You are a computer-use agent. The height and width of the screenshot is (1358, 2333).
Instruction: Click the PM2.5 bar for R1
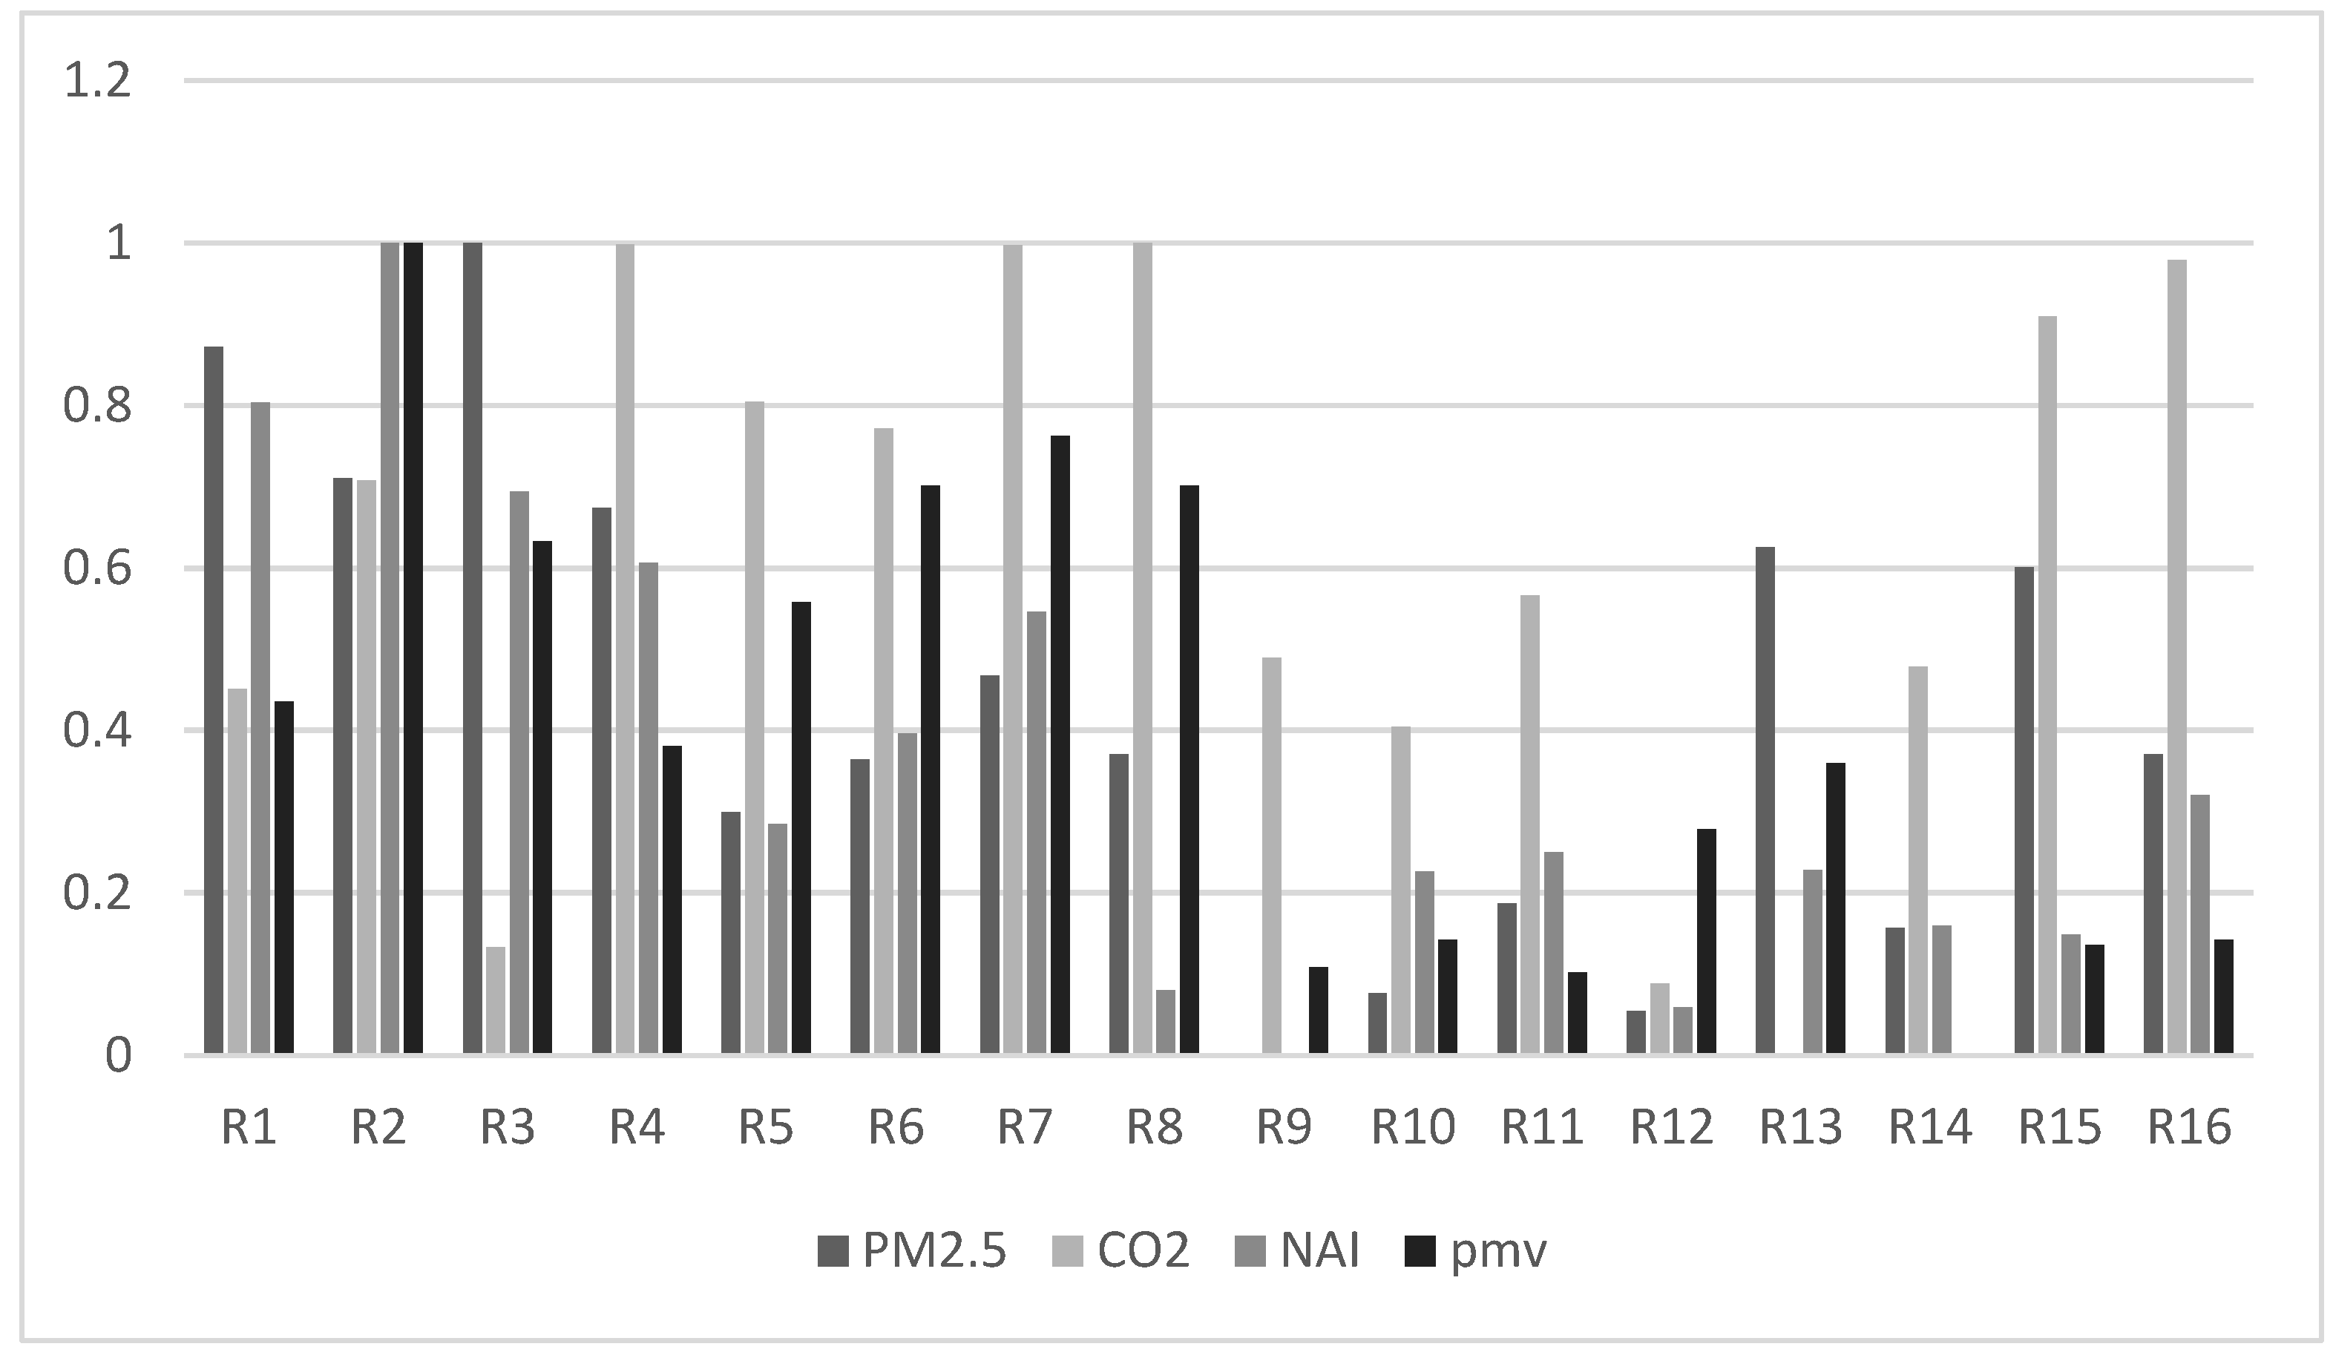(214, 700)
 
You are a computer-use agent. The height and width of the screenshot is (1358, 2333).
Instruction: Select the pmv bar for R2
(413, 648)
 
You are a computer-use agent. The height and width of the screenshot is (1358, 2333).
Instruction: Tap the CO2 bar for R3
(495, 1000)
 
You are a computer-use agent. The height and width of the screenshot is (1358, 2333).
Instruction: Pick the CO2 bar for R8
(1143, 648)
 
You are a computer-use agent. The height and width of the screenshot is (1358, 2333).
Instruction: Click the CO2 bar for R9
(1272, 856)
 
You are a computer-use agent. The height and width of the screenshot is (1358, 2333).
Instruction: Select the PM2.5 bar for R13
(1765, 800)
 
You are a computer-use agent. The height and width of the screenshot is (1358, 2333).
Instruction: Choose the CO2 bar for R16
(2176, 657)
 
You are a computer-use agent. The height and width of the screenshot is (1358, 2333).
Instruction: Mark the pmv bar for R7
(1060, 744)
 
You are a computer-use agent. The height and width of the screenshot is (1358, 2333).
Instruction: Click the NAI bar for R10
(1424, 962)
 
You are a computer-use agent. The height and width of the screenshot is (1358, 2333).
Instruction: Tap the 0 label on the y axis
(117, 1056)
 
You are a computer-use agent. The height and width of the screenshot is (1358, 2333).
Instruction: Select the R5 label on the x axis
(766, 1127)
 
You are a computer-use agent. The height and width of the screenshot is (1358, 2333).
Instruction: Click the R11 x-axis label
(1541, 1127)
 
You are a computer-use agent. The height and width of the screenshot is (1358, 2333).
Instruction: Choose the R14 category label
(1930, 1127)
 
